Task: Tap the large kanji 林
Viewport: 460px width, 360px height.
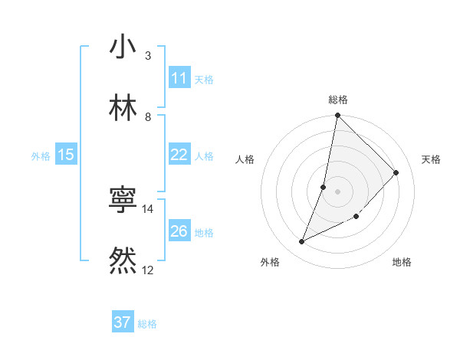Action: click(x=123, y=108)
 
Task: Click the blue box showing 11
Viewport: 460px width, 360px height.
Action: click(x=179, y=78)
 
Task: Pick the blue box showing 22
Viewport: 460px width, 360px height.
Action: click(x=179, y=155)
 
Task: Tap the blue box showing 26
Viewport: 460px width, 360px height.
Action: click(x=179, y=231)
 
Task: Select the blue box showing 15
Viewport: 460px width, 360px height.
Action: click(x=66, y=155)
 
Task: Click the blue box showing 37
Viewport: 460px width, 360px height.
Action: click(x=123, y=322)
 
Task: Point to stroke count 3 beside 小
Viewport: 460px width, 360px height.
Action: click(x=148, y=56)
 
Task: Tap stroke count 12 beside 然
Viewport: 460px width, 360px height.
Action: click(x=148, y=270)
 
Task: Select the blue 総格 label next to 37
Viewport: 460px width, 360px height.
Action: click(x=147, y=324)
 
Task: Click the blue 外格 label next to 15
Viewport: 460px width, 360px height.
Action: click(x=41, y=156)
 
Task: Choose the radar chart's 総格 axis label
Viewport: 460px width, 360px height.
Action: click(x=337, y=100)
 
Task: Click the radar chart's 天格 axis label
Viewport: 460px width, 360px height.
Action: click(x=431, y=159)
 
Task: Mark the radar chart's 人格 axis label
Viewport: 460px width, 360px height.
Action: click(x=245, y=159)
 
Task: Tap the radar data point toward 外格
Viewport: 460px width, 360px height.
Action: click(x=302, y=242)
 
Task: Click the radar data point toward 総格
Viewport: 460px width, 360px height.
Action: click(x=337, y=116)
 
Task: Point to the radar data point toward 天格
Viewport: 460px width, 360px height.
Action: click(x=396, y=172)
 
